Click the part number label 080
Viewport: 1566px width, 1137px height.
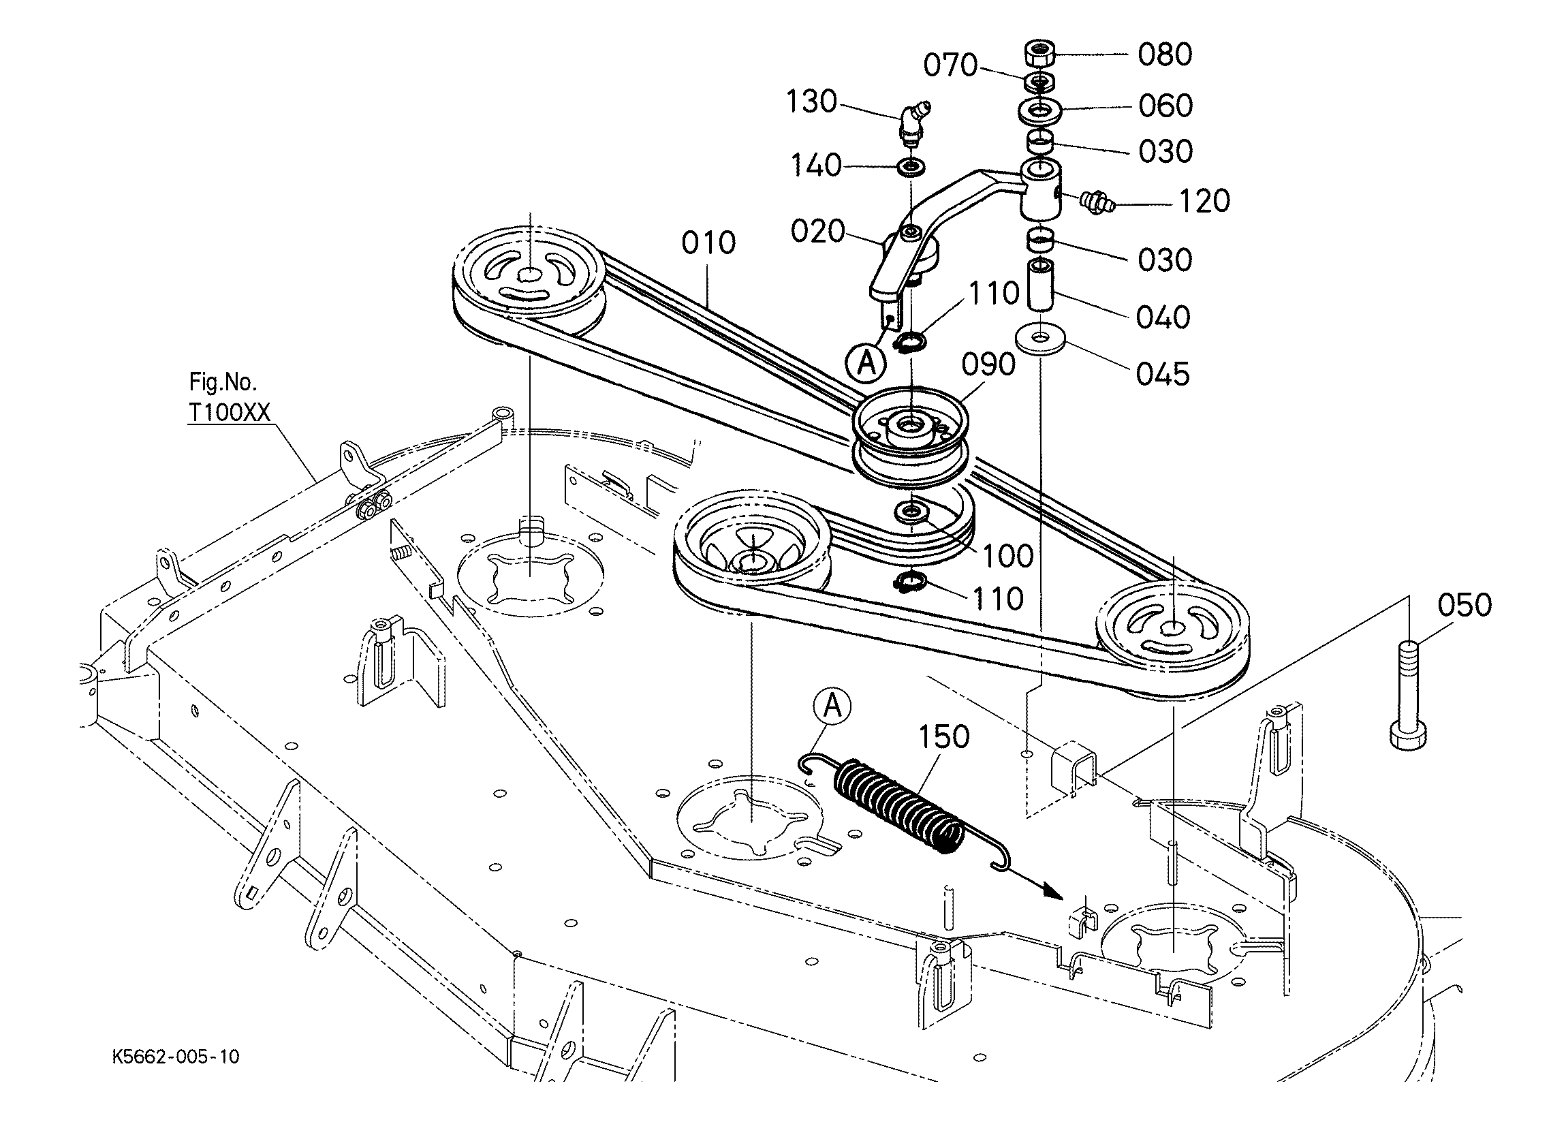(1165, 54)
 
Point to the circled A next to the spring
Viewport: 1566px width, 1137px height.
(832, 706)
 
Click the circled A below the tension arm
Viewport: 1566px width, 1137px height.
(866, 362)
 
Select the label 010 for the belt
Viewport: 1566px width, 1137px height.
(708, 243)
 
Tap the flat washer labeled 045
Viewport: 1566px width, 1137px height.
(1041, 340)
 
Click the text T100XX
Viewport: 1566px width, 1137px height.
(230, 412)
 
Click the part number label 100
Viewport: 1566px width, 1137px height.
(1008, 556)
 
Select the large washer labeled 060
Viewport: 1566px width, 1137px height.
(1039, 109)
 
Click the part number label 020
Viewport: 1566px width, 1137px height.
(817, 232)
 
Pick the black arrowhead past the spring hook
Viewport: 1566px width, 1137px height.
(1052, 892)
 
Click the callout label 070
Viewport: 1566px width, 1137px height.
(951, 65)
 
